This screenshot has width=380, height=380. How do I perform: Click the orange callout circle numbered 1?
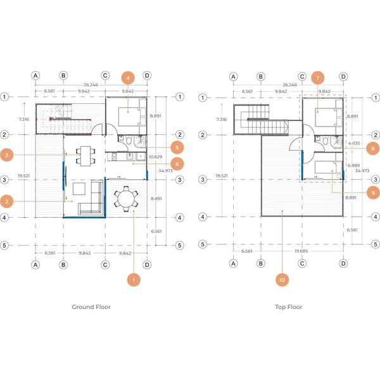pos(134,280)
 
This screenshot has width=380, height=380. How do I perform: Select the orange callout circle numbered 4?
pos(128,78)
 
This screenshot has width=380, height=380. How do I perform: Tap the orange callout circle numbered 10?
pos(282,280)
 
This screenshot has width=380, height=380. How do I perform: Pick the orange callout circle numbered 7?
pos(317,78)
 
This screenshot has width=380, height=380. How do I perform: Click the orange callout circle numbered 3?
pos(7,155)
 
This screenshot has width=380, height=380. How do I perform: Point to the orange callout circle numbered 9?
pos(373,193)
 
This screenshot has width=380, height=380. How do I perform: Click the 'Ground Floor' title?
pos(91,307)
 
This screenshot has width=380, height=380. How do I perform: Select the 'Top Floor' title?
pos(288,307)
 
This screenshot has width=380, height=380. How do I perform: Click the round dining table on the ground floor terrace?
pos(126,199)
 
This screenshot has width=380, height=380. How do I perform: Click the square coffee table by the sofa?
pos(79,189)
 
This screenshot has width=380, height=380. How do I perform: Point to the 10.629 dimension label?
pos(155,157)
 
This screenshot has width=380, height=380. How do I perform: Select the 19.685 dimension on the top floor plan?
pos(301,251)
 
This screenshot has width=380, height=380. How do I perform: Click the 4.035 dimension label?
pos(354,143)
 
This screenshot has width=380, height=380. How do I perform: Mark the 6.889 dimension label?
pos(353,165)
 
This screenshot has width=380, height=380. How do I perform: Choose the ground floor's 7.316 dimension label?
pos(24,119)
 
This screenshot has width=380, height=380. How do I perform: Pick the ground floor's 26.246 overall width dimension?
pos(91,85)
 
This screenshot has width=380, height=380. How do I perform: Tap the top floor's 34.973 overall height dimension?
pos(362,170)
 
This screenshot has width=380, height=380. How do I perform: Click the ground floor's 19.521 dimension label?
pos(24,175)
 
